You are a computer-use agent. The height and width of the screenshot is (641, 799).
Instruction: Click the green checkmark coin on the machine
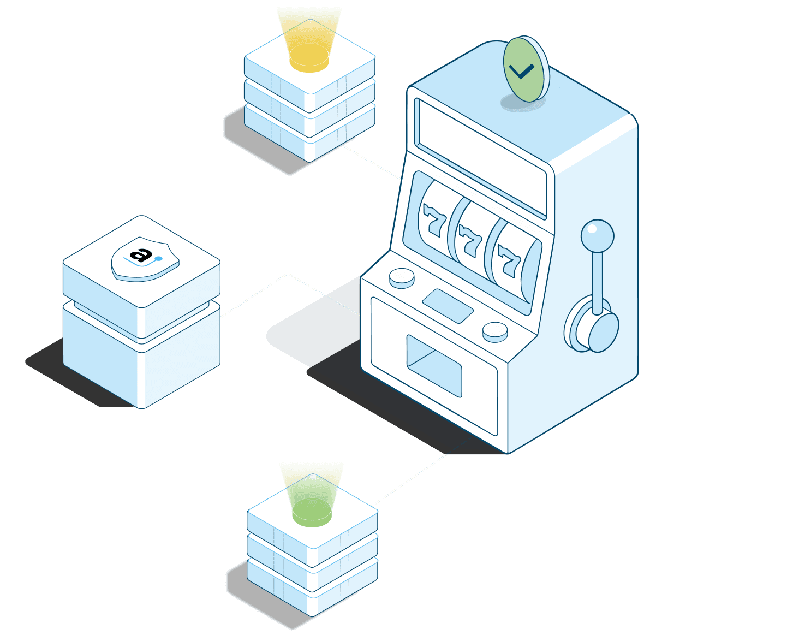[526, 69]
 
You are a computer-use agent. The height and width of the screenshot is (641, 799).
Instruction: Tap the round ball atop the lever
[597, 236]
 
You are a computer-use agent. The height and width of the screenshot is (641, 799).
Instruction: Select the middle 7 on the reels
[469, 241]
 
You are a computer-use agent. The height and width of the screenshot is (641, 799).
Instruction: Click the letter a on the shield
[141, 254]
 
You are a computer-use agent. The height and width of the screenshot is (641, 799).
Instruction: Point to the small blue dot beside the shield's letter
[158, 259]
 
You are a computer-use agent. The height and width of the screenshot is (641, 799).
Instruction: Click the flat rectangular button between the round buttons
[448, 306]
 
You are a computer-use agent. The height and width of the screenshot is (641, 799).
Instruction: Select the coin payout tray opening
[434, 365]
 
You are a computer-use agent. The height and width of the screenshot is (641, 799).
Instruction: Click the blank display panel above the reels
[480, 158]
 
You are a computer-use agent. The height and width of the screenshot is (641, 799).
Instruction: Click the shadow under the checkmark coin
[521, 104]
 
